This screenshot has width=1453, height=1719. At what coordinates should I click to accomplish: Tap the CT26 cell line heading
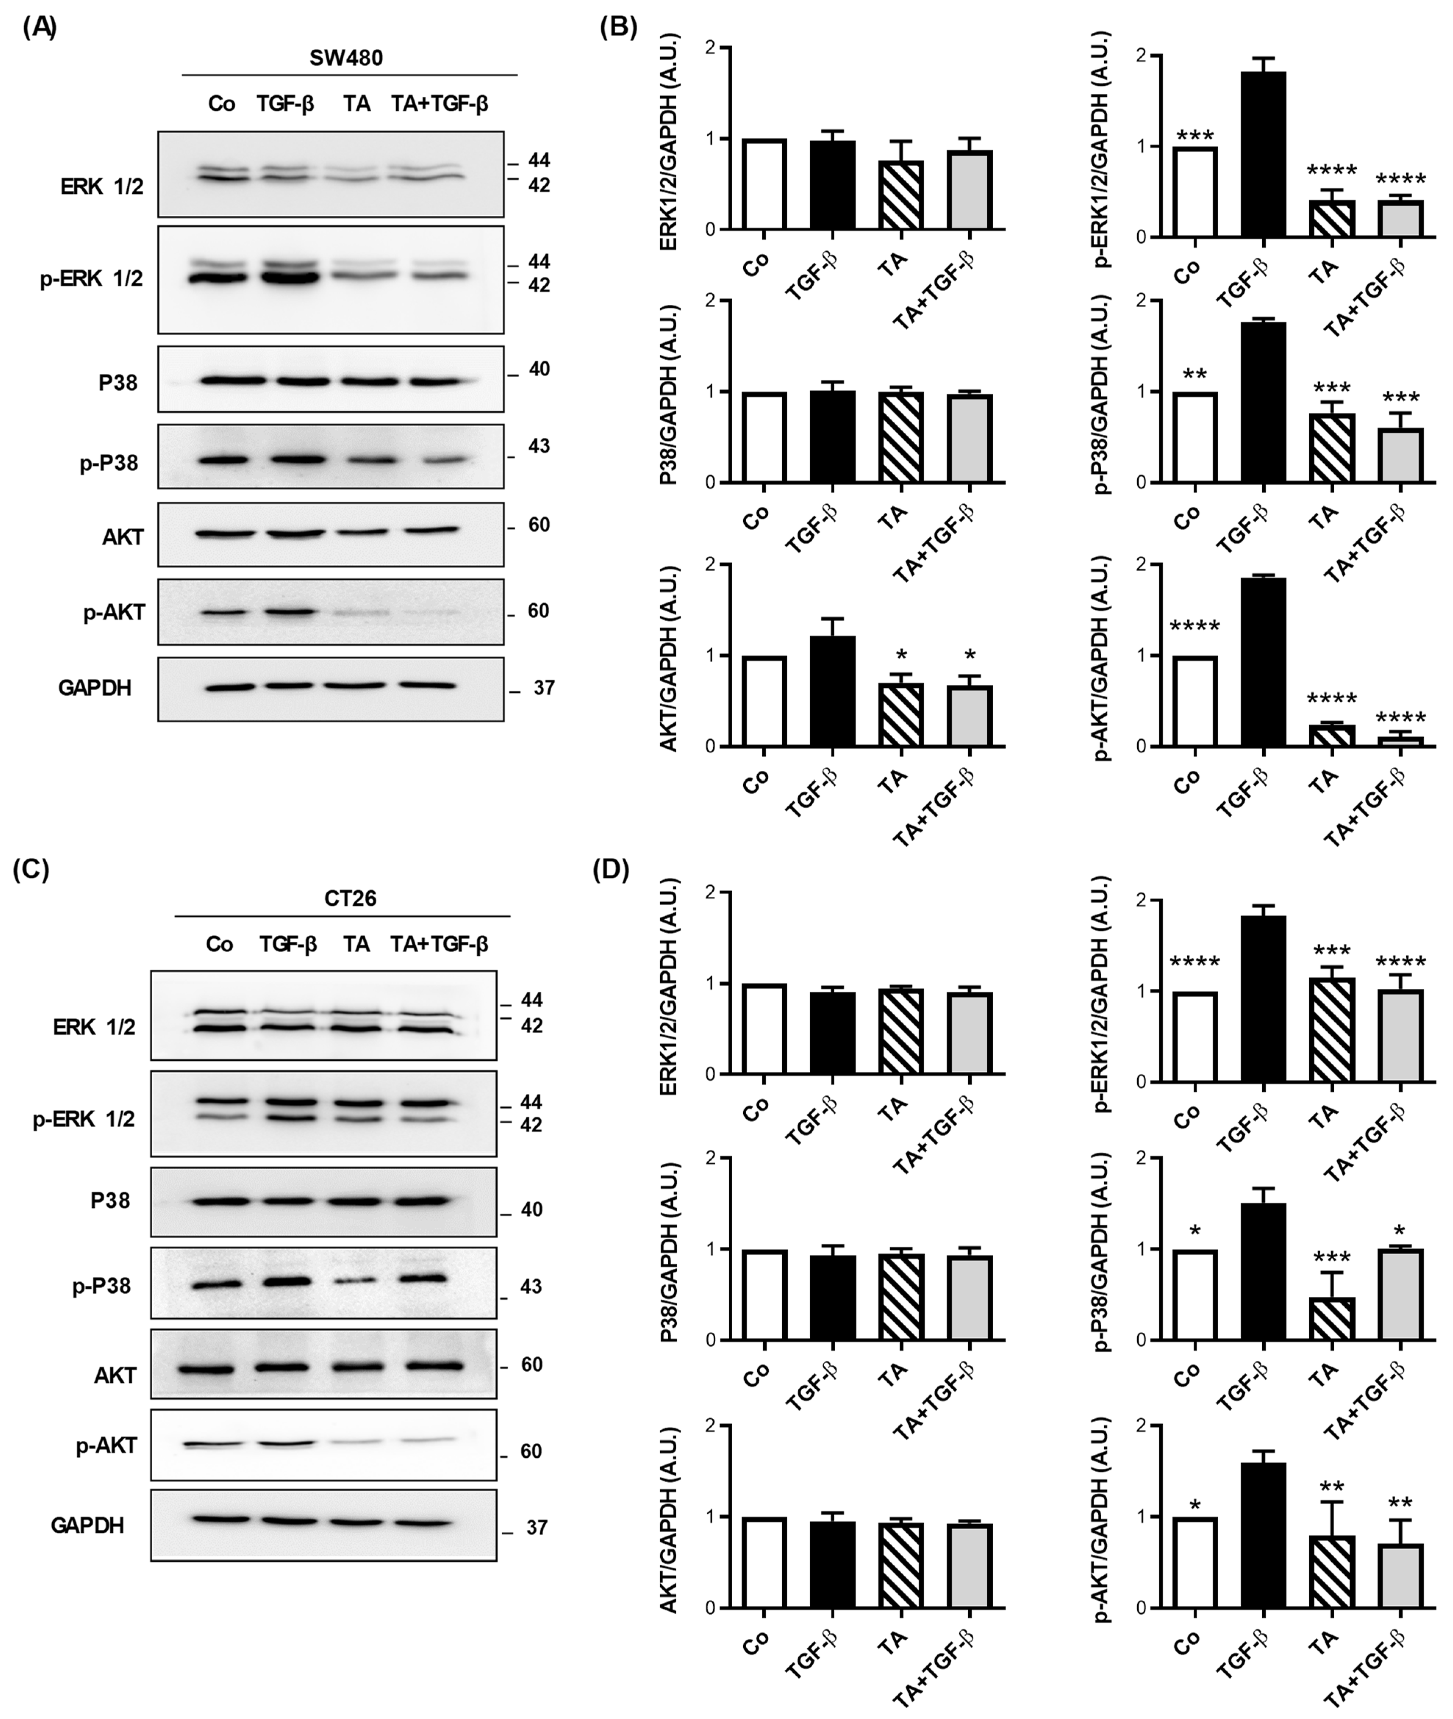click(350, 898)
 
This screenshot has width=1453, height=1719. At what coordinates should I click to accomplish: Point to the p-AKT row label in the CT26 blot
click(105, 1446)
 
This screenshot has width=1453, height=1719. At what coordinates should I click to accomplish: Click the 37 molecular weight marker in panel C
click(536, 1528)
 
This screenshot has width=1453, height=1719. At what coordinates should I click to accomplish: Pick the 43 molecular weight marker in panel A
click(539, 447)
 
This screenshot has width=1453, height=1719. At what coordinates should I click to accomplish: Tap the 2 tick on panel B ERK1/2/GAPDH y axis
click(710, 48)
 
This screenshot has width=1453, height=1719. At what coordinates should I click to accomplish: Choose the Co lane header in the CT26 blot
click(219, 944)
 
